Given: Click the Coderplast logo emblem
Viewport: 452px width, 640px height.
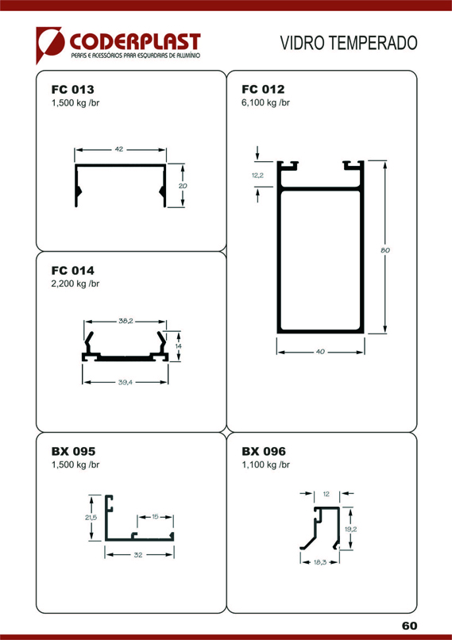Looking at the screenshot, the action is tap(50, 44).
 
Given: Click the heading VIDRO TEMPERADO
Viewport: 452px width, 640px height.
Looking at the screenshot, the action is tap(349, 43).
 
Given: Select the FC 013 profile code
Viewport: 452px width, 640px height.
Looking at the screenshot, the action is tap(72, 90).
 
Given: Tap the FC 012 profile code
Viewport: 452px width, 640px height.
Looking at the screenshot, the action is tap(263, 89).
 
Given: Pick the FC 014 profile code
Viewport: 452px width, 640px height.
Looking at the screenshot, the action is tap(72, 271).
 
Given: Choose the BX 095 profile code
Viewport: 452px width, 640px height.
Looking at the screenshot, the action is tap(74, 452).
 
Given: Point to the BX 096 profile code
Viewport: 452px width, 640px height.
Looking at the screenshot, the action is tap(264, 452).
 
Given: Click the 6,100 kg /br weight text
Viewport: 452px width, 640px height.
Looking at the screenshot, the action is tap(266, 102).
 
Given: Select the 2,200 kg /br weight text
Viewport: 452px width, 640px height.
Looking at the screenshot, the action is tap(75, 283).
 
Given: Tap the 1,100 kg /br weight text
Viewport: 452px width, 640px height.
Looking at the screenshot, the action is tap(266, 465).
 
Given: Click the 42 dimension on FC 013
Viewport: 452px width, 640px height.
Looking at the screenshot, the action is tap(119, 149).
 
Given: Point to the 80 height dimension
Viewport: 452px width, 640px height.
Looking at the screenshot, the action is tap(385, 251).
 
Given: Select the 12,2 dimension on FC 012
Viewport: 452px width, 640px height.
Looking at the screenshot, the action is tap(257, 175).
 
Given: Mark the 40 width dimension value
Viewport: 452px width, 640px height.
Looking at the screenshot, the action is tap(320, 352).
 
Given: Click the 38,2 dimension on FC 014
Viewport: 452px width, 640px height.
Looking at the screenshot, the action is tap(126, 322).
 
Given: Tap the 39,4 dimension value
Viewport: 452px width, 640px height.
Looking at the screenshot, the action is tap(126, 383).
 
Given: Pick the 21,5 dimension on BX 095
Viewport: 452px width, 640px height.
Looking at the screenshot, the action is tap(91, 518).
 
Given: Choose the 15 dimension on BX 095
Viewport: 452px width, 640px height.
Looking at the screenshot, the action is tap(155, 517).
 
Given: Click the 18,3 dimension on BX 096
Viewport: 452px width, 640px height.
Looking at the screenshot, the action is tap(320, 562).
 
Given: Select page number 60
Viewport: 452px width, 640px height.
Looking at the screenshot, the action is tap(409, 626).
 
